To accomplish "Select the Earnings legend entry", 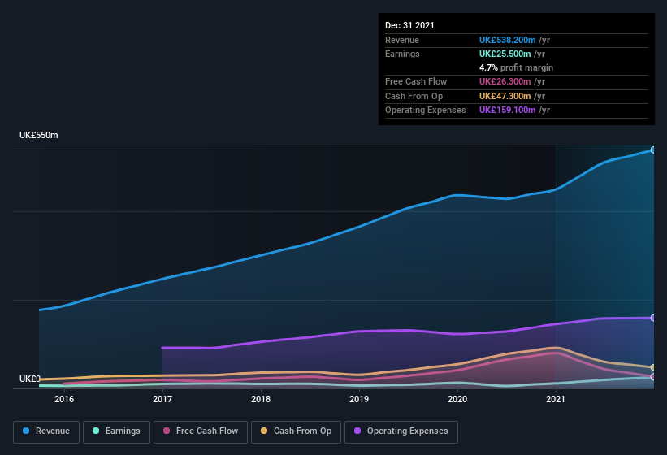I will click(x=116, y=431).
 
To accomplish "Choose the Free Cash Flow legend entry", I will click(x=201, y=431).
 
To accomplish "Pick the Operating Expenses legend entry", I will click(x=401, y=431).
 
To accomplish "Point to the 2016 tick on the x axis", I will click(x=64, y=399).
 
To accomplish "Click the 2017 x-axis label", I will click(x=162, y=399).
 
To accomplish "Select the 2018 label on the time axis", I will click(x=261, y=399).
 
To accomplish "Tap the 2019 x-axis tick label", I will click(x=359, y=399).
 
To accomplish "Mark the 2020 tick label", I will click(x=457, y=399).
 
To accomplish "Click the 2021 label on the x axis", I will click(x=556, y=399).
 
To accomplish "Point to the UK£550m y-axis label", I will click(x=39, y=135).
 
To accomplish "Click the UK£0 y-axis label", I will click(x=30, y=379).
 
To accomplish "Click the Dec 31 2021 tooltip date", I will click(x=409, y=25).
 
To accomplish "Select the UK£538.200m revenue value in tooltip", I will click(x=508, y=40).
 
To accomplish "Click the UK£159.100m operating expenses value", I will click(x=508, y=110).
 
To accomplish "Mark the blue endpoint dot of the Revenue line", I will click(x=653, y=149).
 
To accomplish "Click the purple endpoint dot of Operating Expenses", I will click(x=653, y=318).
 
